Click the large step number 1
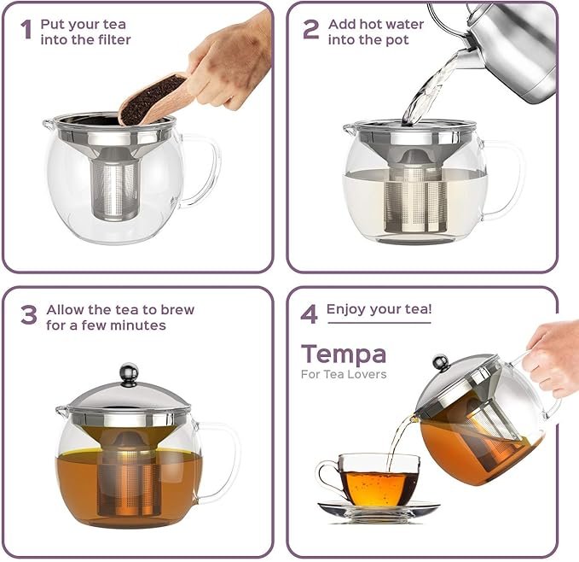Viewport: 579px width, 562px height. (26, 29)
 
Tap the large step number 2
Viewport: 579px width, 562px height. (311, 29)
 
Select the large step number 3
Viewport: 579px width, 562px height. (29, 315)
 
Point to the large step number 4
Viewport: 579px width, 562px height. (309, 314)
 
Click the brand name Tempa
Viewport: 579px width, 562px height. (344, 354)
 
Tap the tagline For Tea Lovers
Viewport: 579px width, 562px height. (344, 374)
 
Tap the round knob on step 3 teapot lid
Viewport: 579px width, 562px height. (130, 374)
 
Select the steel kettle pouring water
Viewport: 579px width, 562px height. (510, 52)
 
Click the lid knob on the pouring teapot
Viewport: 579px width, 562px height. (441, 363)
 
